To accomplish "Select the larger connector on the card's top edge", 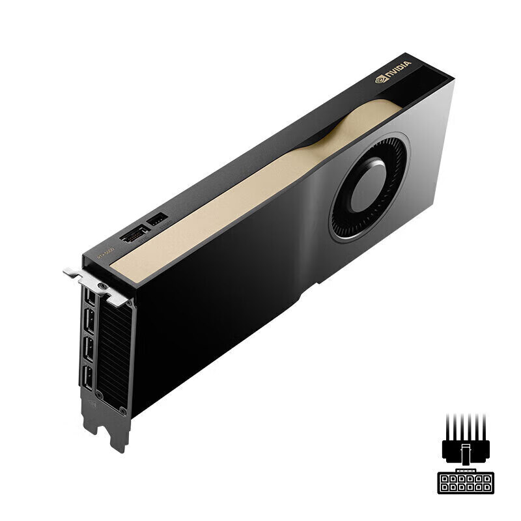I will [x=135, y=233].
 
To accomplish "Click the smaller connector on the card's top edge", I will [x=157, y=220].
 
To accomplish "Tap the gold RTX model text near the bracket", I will [x=106, y=253].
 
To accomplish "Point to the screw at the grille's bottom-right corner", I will [x=122, y=410].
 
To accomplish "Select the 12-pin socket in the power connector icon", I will [x=465, y=483].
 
